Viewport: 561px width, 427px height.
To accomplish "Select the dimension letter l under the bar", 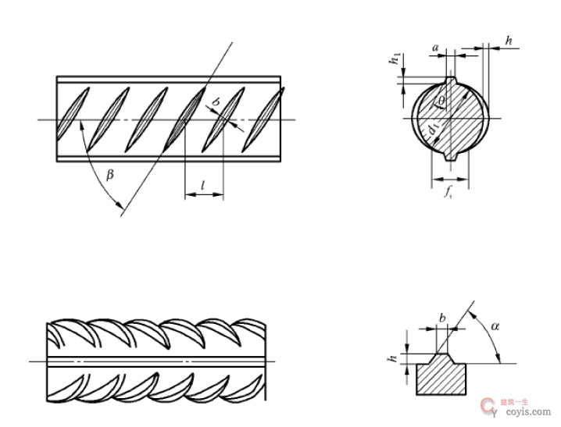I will coord(203,185).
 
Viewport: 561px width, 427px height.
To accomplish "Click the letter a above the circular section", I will coord(435,49).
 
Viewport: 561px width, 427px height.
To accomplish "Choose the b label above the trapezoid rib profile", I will coord(442,318).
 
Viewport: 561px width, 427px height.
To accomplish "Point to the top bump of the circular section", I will coord(451,79).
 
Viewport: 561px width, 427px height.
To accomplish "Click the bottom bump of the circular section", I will coord(451,158).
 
